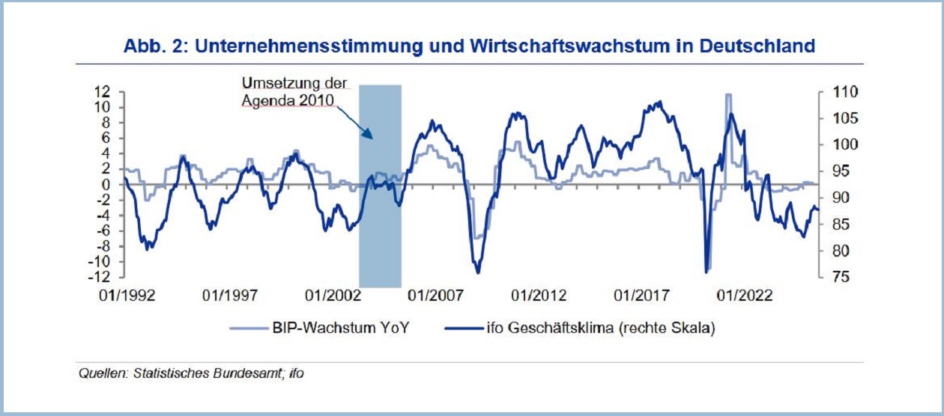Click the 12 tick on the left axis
point(103,91)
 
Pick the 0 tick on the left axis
point(106,184)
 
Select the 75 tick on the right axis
point(832,278)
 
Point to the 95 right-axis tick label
point(832,171)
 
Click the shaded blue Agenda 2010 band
point(380,224)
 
